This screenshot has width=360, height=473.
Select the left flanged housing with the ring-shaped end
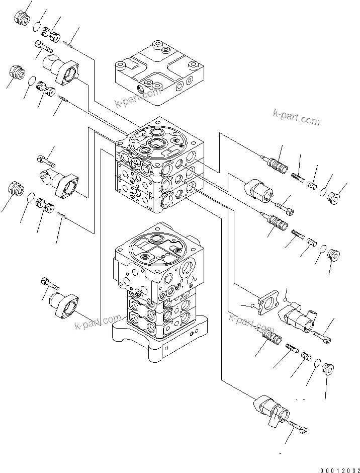[x=58, y=181]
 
